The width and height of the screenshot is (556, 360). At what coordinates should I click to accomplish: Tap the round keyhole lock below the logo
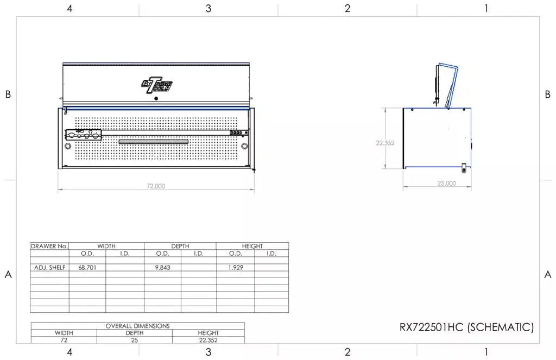[156, 98]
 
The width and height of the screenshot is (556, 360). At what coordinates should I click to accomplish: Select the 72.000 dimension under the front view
[156, 186]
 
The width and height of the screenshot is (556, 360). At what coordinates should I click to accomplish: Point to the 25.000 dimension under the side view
[446, 184]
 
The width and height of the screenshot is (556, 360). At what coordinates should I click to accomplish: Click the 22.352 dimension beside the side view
[385, 143]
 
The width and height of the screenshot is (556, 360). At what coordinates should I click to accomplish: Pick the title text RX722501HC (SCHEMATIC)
[466, 327]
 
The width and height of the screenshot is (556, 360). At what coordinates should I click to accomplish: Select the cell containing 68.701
[87, 268]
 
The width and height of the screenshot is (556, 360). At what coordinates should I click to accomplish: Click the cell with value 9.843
[162, 268]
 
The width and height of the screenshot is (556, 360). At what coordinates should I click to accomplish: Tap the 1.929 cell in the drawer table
[235, 268]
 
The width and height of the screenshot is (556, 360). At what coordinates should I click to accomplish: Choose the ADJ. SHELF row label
[49, 268]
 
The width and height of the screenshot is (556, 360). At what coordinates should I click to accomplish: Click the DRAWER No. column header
[49, 246]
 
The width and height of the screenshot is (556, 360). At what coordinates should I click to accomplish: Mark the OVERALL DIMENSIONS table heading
[137, 326]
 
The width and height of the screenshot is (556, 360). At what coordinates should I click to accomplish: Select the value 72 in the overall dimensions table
[64, 340]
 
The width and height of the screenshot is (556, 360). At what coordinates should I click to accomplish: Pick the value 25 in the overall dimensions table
[134, 340]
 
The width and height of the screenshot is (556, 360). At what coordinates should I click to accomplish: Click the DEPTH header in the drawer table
[180, 246]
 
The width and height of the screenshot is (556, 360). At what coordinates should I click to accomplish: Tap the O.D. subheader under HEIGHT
[235, 253]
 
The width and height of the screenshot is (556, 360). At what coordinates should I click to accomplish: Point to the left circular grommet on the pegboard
[68, 146]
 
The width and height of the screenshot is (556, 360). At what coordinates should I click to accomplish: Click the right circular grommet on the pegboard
[244, 146]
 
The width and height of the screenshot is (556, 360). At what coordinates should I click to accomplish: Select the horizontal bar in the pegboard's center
[154, 142]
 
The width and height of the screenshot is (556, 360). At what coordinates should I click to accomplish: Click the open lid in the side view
[447, 84]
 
